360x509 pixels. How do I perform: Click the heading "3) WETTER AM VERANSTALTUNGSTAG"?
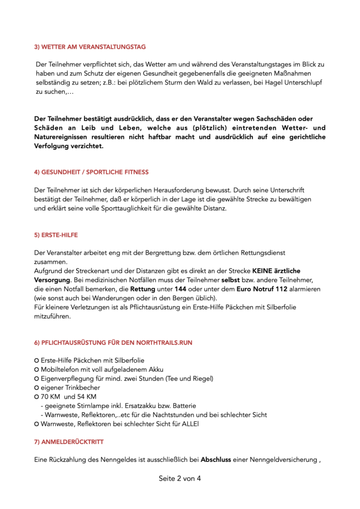pyautogui.click(x=90, y=47)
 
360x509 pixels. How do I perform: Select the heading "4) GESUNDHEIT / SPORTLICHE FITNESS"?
pyautogui.click(x=91, y=172)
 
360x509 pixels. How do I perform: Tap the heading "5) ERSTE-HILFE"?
pyautogui.click(x=56, y=235)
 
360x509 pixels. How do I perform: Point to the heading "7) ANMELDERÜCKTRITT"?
pyautogui.click(x=69, y=441)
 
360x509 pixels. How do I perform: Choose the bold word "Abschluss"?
pyautogui.click(x=217, y=460)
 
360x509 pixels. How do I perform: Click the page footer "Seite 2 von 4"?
pyautogui.click(x=180, y=479)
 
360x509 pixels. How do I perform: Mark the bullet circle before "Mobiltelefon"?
pyautogui.click(x=37, y=369)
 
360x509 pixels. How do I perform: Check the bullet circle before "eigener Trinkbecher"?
pyautogui.click(x=37, y=387)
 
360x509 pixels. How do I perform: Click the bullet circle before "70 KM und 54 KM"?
pyautogui.click(x=37, y=397)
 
